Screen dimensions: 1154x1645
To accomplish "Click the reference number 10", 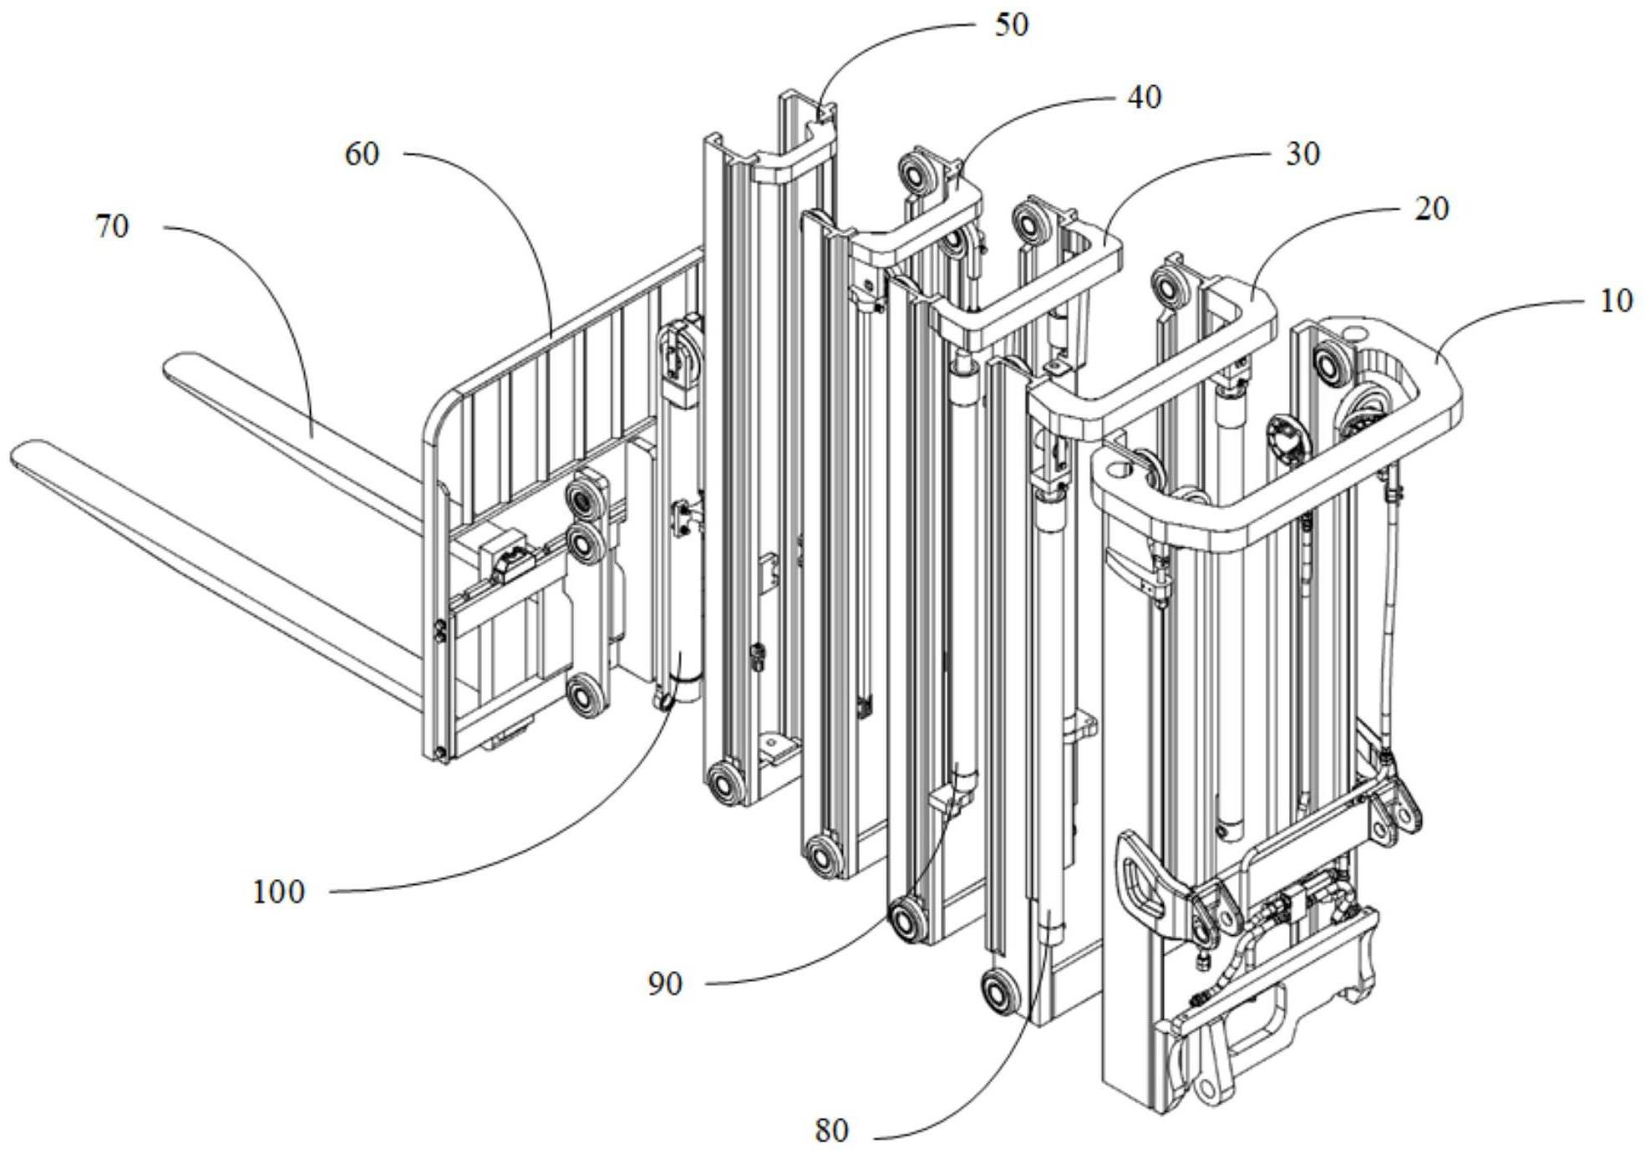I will [1615, 301].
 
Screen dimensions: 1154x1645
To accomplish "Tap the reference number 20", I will [1431, 209].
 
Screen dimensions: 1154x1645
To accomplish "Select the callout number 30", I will [1302, 155].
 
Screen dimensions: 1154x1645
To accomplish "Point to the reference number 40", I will [1144, 98].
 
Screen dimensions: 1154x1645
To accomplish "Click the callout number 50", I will [1011, 25].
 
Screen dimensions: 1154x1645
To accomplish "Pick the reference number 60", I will [362, 155].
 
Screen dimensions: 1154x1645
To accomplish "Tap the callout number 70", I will [112, 226].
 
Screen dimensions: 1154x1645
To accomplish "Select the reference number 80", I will [830, 1131].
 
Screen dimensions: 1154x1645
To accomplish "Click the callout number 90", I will [665, 984].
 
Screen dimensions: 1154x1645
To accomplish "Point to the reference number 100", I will [278, 892].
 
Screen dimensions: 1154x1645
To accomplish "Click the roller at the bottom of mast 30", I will [906, 921].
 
